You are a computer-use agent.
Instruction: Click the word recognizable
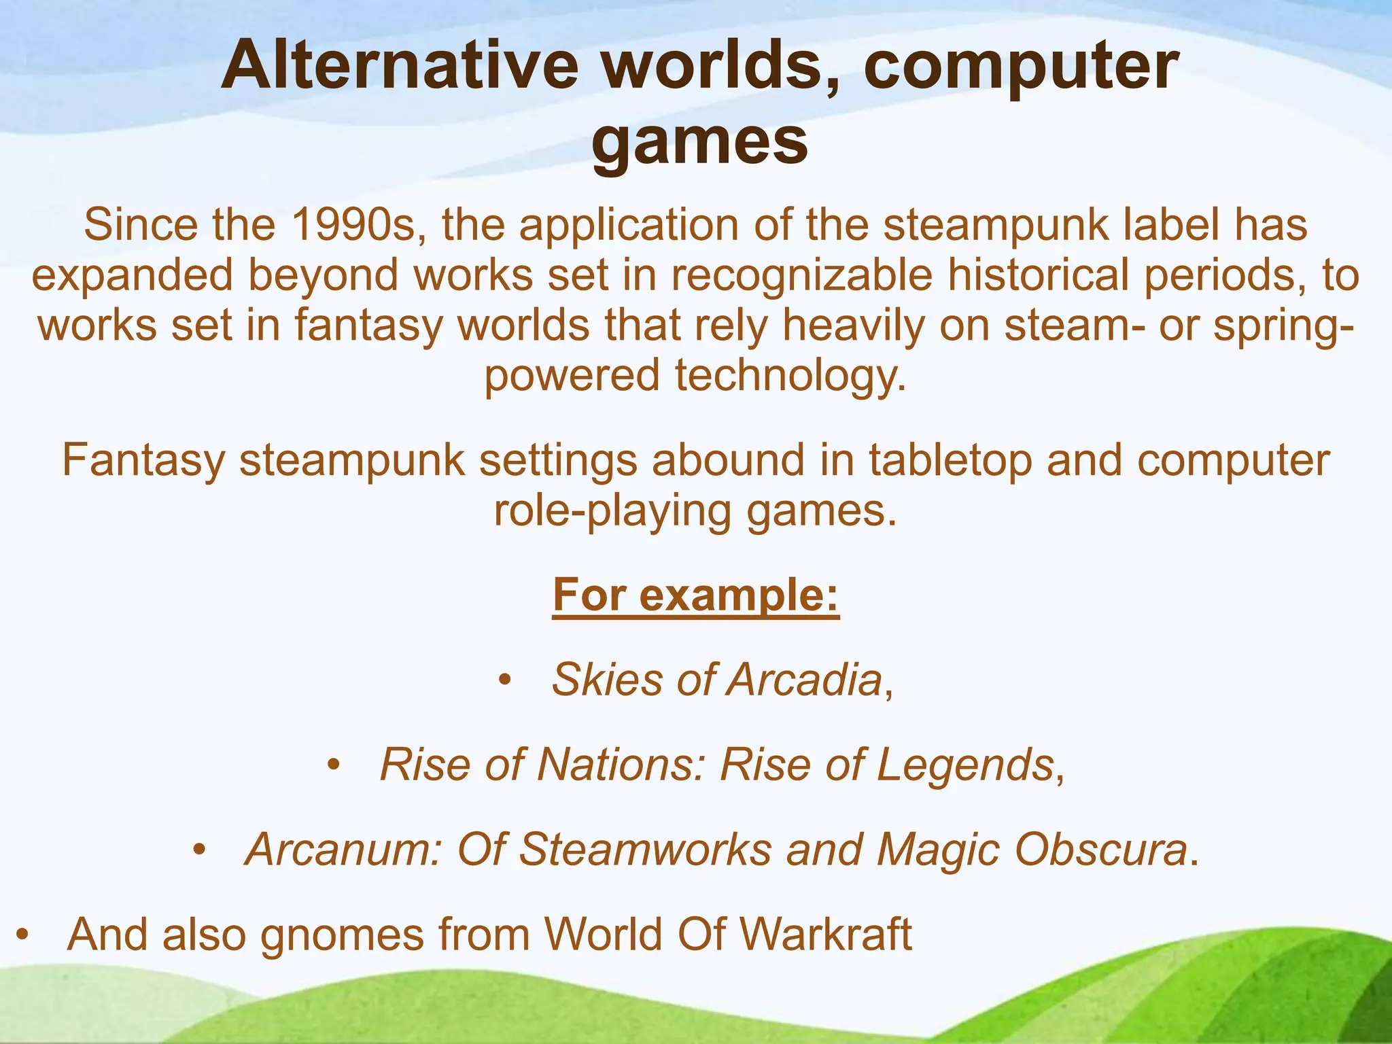(802, 275)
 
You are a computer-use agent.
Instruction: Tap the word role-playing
(612, 511)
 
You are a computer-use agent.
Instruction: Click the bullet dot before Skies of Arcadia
(504, 680)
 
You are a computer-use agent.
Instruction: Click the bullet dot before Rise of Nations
(332, 765)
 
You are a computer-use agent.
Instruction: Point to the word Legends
(964, 765)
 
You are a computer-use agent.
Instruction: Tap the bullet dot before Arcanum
(198, 850)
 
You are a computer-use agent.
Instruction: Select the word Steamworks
(645, 850)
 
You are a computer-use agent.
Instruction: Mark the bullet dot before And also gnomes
(22, 935)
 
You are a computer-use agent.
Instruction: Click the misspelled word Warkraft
(825, 935)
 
